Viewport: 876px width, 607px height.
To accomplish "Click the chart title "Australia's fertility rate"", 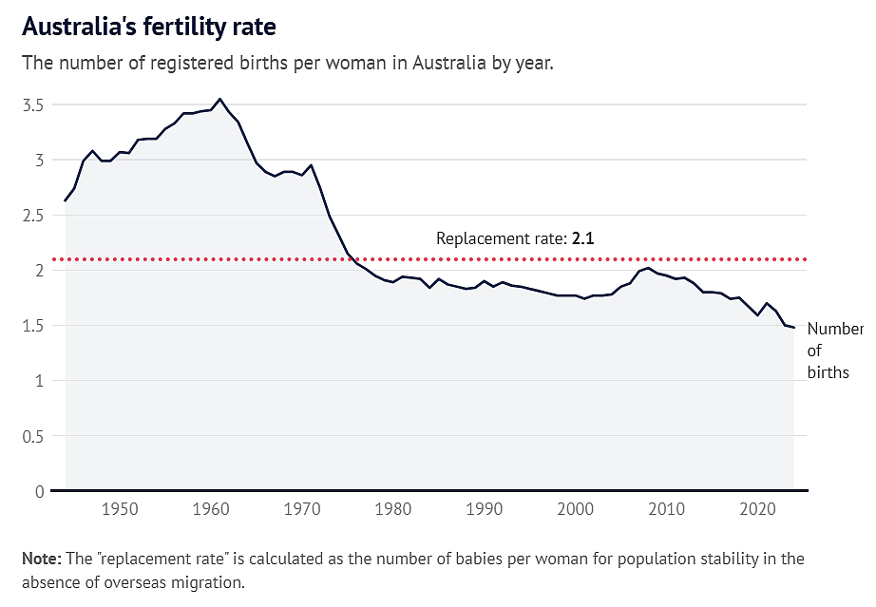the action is [x=148, y=27].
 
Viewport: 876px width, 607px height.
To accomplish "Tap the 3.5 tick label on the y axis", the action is [x=33, y=105].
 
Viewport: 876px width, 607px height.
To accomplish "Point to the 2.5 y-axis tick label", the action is [x=33, y=216].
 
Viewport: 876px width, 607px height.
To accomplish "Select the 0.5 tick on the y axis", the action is [x=33, y=437].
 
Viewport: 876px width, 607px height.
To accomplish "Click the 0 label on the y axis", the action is [x=39, y=492].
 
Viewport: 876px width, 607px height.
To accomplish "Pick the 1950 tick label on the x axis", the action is [x=120, y=509].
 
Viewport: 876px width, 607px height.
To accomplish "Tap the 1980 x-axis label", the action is [x=393, y=509].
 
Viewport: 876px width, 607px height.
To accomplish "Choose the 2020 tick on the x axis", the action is [x=758, y=509].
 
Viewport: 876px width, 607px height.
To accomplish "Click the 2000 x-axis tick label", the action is [x=576, y=509].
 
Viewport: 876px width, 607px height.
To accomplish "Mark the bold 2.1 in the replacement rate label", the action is [x=582, y=239].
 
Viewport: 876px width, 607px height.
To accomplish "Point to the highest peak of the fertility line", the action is [x=219, y=99].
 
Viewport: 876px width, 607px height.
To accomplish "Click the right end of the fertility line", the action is [x=794, y=328].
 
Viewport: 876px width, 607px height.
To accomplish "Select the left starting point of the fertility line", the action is [x=66, y=200].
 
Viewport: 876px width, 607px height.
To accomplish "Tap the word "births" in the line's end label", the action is [x=828, y=372].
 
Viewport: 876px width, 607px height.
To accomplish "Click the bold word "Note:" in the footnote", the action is [x=42, y=559].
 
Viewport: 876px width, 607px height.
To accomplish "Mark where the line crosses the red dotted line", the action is [x=352, y=259].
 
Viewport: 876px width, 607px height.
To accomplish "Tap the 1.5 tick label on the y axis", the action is [x=33, y=326].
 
